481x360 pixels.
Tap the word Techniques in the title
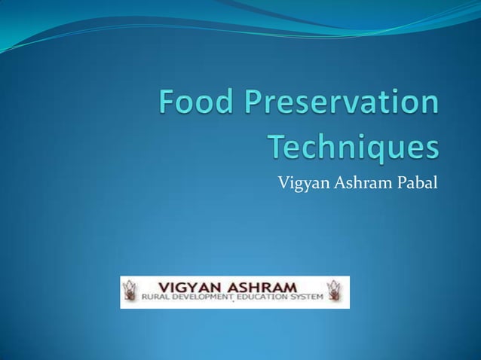[353, 148]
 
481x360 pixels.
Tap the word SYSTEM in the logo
[306, 298]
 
